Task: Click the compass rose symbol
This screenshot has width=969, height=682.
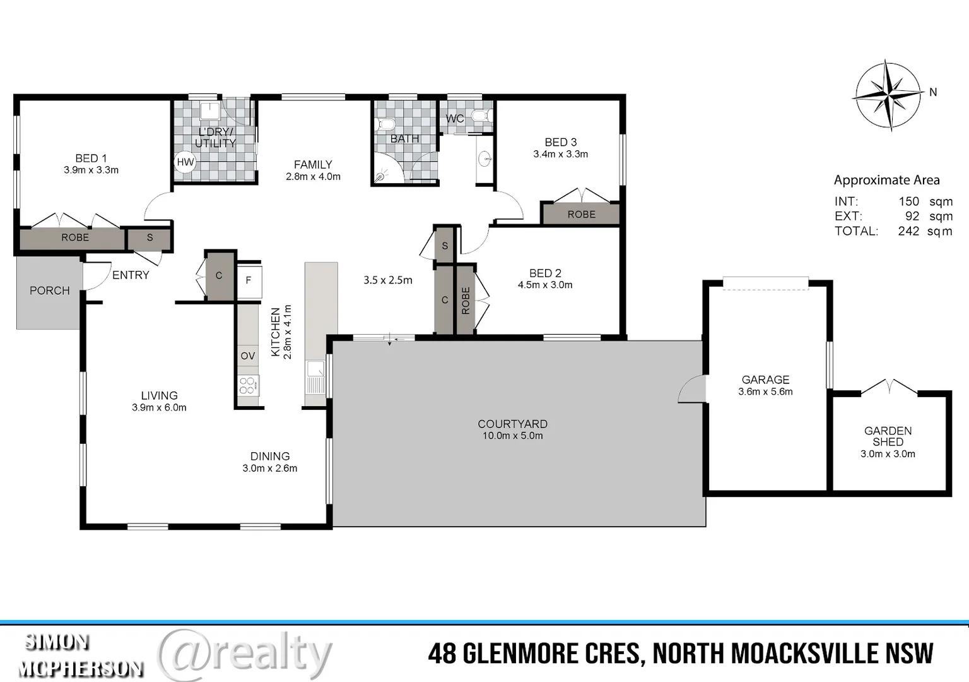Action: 888,96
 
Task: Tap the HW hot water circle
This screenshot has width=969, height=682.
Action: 185,162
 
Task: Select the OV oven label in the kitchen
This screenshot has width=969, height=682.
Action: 248,356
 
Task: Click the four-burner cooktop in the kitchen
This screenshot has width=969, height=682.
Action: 248,385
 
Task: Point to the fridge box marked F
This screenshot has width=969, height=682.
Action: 249,280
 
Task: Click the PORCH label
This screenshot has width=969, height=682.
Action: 49,290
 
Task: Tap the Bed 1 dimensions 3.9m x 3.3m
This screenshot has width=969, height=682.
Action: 91,170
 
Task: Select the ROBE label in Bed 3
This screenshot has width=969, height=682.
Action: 581,215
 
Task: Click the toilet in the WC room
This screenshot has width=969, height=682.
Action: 482,116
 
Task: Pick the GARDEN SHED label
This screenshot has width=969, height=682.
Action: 888,436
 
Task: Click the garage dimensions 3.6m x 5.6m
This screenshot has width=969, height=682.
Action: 765,392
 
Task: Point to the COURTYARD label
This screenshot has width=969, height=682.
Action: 512,424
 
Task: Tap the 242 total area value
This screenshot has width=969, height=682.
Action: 908,231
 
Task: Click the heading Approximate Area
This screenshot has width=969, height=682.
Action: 886,180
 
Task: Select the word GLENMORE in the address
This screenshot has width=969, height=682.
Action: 551,654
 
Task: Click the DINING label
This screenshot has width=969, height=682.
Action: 270,456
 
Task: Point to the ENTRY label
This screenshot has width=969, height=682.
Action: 131,275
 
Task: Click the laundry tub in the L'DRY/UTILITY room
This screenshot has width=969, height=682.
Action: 209,112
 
